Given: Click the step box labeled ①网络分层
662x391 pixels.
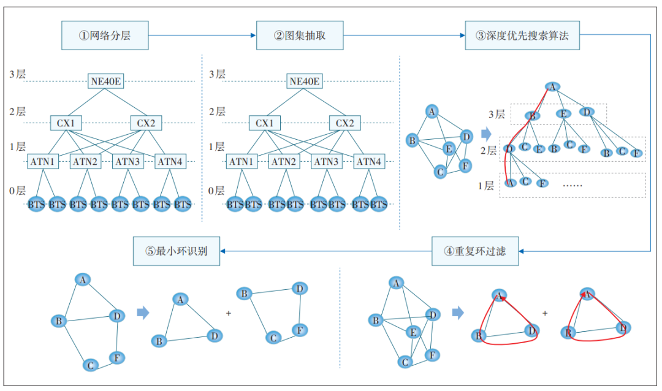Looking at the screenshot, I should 105,36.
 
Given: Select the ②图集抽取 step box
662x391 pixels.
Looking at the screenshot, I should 300,36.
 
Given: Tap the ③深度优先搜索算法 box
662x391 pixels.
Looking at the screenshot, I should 522,36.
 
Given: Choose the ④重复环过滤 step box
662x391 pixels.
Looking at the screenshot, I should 475,251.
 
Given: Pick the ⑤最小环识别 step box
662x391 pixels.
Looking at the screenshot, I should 177,251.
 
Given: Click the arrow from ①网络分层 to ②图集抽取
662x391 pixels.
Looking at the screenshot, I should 202,36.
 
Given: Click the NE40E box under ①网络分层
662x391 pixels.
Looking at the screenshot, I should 106,82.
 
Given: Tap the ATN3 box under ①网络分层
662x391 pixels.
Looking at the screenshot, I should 127,162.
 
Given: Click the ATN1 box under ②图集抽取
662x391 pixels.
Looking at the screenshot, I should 242,162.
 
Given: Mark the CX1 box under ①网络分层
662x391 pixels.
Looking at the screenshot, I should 66,123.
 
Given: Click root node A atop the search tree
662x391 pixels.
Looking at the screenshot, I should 552,87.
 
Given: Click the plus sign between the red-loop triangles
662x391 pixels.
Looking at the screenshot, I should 545,313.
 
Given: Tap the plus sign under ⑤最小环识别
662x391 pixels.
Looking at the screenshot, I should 229,313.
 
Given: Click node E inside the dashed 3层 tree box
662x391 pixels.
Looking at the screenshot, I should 563,113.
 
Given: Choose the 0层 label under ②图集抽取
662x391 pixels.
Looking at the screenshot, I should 216,191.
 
